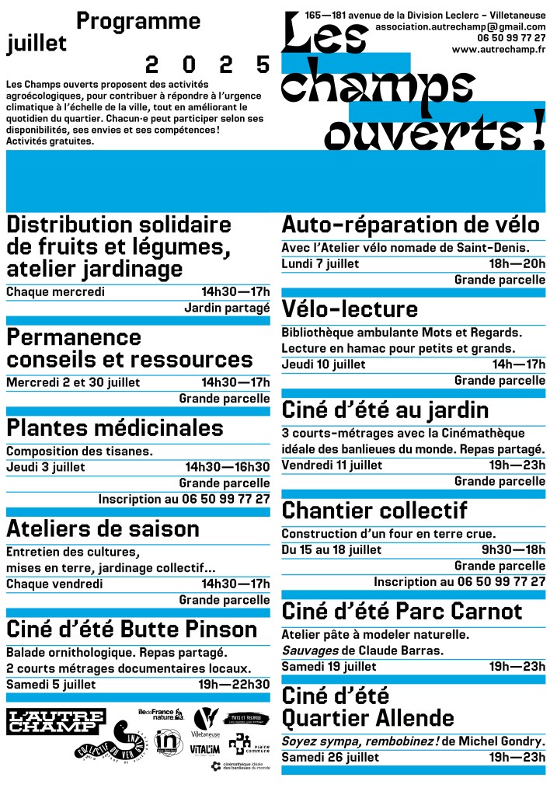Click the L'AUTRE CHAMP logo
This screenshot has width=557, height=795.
[x=55, y=721]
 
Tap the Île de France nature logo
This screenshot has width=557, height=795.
[x=160, y=714]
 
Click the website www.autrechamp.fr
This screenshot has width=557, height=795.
[x=498, y=50]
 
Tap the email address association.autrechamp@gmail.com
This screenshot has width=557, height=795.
[x=460, y=26]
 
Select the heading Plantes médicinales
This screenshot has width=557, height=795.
[x=115, y=428]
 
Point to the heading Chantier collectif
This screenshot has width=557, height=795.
[x=374, y=511]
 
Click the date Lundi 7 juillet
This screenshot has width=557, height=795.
[x=320, y=263]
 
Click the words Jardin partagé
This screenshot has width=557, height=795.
[x=227, y=308]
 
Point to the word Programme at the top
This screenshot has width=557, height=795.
[x=139, y=21]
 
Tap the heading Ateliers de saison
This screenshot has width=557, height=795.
[x=103, y=529]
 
